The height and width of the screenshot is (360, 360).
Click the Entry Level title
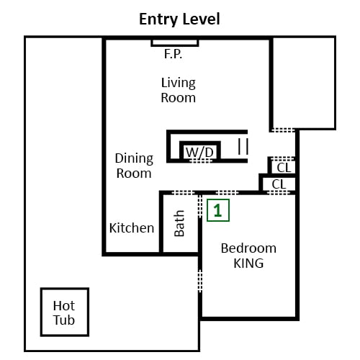(179, 19)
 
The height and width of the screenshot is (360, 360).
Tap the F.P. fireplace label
(173, 54)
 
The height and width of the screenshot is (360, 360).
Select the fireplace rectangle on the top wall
(175, 42)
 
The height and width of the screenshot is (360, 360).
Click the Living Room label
(179, 90)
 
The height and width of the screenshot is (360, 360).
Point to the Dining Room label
(134, 166)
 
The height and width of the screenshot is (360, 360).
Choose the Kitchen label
(132, 228)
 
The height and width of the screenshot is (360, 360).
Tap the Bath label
(179, 223)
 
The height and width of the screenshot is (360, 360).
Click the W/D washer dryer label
(199, 152)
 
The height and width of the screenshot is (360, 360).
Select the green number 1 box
(218, 210)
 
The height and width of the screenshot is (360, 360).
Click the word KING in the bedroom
(248, 264)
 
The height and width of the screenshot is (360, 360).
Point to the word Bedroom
(248, 248)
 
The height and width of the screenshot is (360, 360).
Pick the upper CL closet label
(284, 168)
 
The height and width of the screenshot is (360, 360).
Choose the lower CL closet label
(279, 184)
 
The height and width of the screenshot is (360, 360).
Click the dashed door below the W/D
(201, 161)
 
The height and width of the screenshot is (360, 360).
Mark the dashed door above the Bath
(184, 192)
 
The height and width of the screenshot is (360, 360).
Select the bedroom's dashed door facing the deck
(200, 281)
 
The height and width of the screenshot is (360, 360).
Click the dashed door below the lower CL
(279, 192)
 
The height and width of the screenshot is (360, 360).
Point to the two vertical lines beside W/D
(243, 146)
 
